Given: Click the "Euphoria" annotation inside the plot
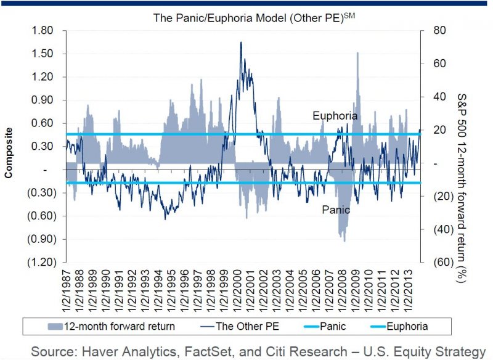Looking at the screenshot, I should click(x=335, y=115).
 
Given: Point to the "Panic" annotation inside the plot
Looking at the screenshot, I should click(x=336, y=210).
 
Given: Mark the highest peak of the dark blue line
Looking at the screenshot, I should click(x=240, y=42).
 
